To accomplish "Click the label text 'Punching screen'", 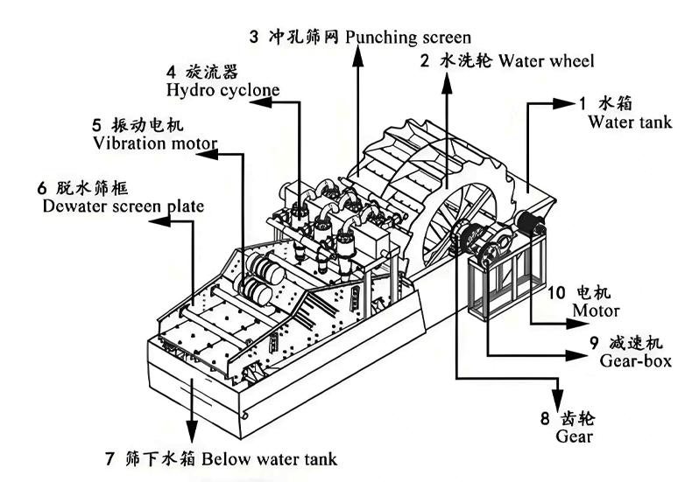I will [408, 37].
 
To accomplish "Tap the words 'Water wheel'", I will [544, 60].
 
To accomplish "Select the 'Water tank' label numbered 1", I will [630, 122].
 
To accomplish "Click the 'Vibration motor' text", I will [153, 142].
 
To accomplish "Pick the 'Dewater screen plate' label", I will [123, 206].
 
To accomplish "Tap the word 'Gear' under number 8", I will [575, 436].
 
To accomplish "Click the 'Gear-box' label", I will [635, 360].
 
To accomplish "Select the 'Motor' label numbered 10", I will [596, 311].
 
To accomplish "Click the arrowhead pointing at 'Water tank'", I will [561, 103].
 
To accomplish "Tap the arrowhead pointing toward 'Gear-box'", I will [574, 354].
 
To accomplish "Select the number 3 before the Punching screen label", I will [254, 37].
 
